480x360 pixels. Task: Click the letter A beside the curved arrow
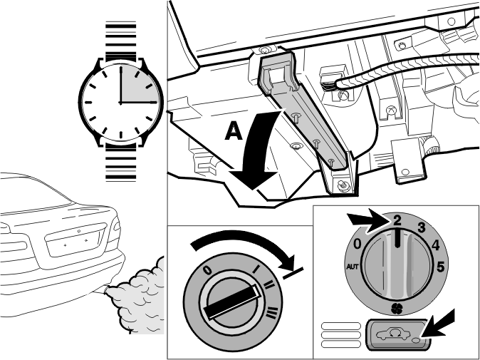234,131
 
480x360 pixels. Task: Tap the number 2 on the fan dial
397,221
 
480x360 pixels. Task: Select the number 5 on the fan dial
440,267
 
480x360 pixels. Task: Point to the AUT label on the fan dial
353,267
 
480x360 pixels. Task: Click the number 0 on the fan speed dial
358,245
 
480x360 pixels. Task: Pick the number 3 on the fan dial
422,227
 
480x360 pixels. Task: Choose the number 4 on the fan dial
435,245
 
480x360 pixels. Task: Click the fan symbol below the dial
397,309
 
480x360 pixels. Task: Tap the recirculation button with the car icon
397,335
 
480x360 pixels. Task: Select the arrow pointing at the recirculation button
439,325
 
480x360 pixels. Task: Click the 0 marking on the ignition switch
207,270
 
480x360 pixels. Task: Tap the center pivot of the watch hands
120,103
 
